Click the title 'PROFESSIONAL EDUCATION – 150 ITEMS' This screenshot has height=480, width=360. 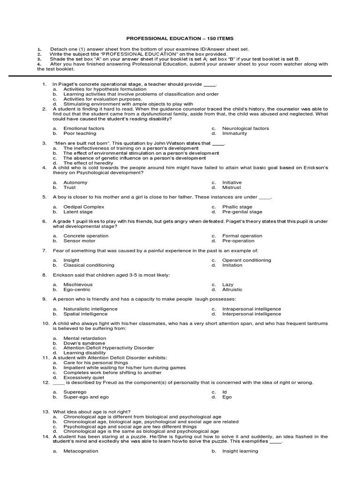pyautogui.click(x=180, y=38)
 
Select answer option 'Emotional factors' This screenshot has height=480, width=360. pyautogui.click(x=83, y=128)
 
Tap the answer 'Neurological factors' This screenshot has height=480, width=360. pyautogui.click(x=245, y=128)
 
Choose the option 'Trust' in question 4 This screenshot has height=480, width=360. pyautogui.click(x=69, y=187)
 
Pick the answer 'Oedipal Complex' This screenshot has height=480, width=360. pyautogui.click(x=83, y=207)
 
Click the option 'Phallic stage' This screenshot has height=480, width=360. pyautogui.click(x=237, y=207)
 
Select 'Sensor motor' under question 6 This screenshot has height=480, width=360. pyautogui.click(x=79, y=241)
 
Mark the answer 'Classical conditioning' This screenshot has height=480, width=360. pyautogui.click(x=89, y=265)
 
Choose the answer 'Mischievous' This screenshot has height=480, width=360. pyautogui.click(x=78, y=285)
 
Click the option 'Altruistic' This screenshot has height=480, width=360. pyautogui.click(x=232, y=290)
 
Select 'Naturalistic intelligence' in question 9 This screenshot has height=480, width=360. pyautogui.click(x=90, y=309)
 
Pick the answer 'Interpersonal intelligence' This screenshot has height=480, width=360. pyautogui.click(x=251, y=314)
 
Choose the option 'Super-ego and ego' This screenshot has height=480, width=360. pyautogui.click(x=86, y=397)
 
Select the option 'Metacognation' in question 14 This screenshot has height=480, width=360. pyautogui.click(x=81, y=451)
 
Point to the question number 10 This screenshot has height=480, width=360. pyautogui.click(x=45, y=323)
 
